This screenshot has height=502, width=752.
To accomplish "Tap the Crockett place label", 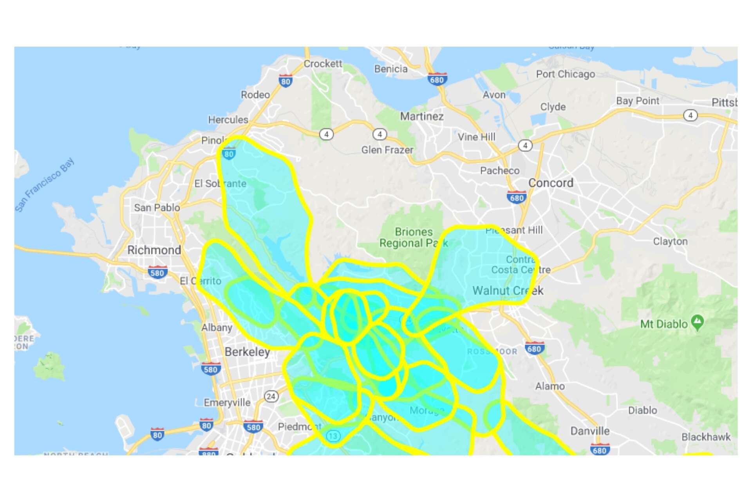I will pos(323,63).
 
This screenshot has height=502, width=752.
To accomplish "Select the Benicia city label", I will pos(390,69).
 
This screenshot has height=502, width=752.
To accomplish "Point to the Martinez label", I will pos(422,116).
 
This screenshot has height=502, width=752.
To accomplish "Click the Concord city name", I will pos(551,183).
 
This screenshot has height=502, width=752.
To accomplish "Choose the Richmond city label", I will pos(154,250).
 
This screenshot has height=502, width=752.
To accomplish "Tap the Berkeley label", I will pos(247,352).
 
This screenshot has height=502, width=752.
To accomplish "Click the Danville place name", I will pos(590,431).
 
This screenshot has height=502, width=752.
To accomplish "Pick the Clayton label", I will pos(670,241).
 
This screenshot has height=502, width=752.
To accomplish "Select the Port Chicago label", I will pos(565,74).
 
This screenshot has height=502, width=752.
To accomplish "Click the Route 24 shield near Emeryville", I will pos(271,396).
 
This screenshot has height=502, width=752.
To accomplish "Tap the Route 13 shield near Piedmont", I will pos(333,436).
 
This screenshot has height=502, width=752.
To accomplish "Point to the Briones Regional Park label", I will pos(414,237).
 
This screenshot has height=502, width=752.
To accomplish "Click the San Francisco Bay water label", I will pos(45,185).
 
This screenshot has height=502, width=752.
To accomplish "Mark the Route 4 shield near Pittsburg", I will pos(690,115).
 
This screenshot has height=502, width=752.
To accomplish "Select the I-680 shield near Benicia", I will pos(437,80).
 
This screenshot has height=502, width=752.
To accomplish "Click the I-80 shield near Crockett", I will pos(286,81).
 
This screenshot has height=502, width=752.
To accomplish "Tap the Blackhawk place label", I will pos(706,437).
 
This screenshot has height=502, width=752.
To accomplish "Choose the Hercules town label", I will pos(228,120).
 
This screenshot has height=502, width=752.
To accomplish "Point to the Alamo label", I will pos(550,386).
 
